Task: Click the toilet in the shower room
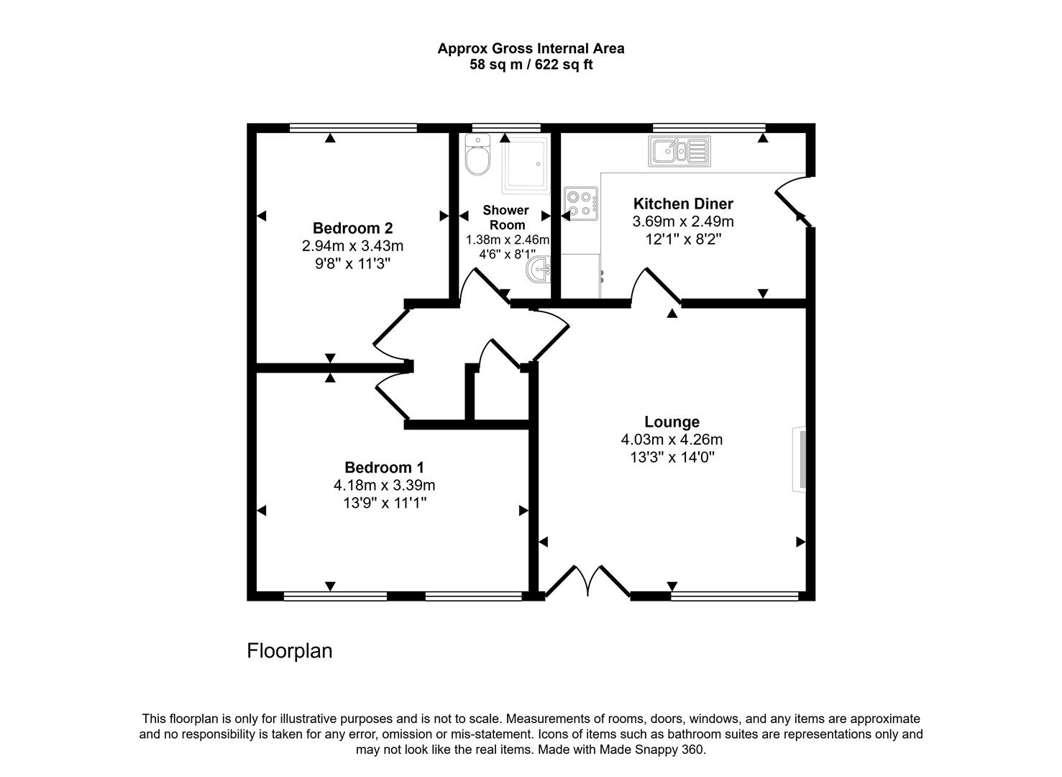477,155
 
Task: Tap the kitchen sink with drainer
679,151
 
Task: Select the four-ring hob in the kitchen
581,203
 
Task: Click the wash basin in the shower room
539,271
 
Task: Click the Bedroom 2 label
352,228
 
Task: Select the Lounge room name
672,422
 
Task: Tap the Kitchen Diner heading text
682,204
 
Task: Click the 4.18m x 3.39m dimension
384,485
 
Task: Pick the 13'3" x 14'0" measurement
672,457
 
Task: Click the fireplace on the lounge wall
798,460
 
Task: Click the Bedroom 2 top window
353,128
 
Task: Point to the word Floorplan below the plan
289,651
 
